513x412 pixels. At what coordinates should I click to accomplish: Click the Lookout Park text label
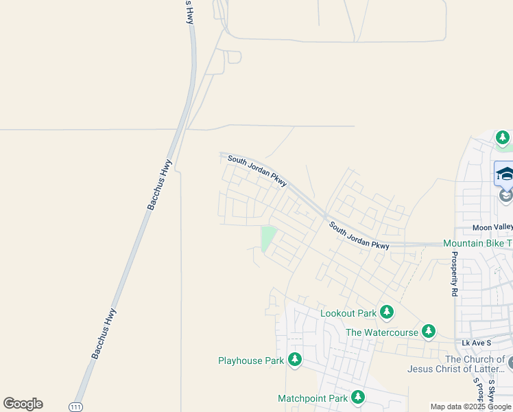[348, 313]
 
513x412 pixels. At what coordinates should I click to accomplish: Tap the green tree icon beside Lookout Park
[387, 312]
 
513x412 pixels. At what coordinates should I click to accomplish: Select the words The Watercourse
[381, 332]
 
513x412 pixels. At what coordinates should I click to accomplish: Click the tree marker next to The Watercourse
[429, 332]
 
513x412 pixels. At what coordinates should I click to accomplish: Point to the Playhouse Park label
[250, 360]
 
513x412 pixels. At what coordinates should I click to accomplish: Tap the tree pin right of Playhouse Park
[295, 359]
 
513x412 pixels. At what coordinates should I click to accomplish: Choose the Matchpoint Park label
[312, 398]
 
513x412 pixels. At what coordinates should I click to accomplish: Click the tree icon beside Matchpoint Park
[357, 397]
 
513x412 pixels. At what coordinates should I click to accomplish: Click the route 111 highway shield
[76, 407]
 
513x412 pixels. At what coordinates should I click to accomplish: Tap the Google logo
[23, 404]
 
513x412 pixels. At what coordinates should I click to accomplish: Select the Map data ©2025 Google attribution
[470, 407]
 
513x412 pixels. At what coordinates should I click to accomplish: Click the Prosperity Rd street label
[454, 273]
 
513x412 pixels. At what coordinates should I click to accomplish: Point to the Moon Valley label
[492, 227]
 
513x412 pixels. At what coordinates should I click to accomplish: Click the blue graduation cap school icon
[505, 173]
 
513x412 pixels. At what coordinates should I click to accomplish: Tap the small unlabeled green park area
[267, 238]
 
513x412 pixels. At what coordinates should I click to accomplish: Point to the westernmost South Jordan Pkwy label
[256, 170]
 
